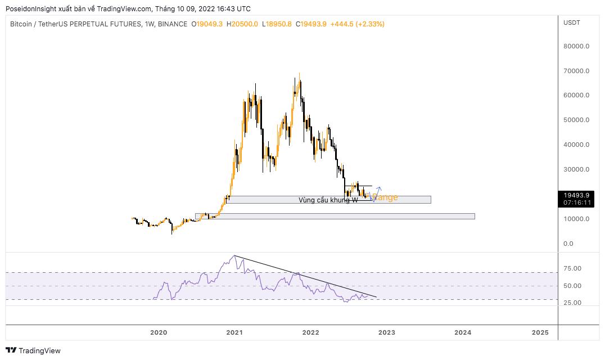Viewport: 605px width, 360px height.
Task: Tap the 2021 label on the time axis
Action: click(234, 332)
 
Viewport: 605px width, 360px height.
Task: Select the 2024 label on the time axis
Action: click(463, 332)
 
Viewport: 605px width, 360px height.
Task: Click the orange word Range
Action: click(385, 197)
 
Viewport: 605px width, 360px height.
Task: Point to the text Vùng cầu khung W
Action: click(328, 200)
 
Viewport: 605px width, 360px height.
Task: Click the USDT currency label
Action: click(572, 22)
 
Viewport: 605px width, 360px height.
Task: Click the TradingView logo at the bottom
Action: click(34, 350)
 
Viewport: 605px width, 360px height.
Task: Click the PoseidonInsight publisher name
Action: click(31, 9)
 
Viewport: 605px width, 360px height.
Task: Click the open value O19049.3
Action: click(207, 24)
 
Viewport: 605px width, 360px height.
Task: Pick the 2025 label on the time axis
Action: click(540, 332)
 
